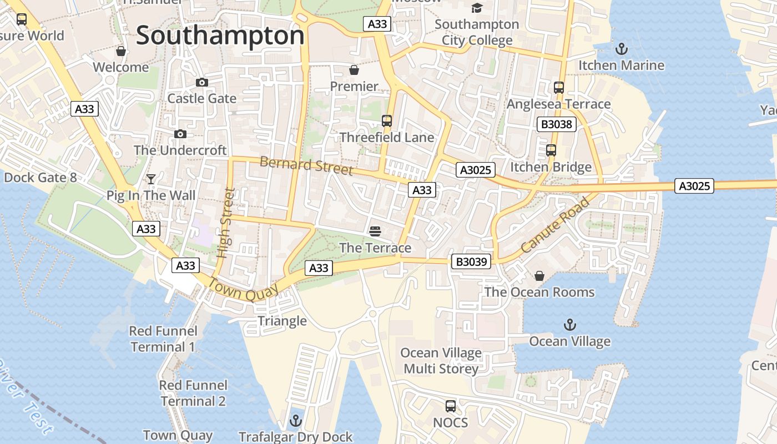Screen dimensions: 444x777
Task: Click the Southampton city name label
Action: (x=220, y=36)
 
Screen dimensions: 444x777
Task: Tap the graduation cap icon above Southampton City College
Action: (x=477, y=8)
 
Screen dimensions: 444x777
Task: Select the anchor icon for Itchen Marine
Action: (x=622, y=49)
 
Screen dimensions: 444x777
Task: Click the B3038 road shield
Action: (x=556, y=124)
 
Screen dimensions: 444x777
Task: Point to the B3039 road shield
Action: (x=471, y=261)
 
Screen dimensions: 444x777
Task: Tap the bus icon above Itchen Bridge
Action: (x=551, y=150)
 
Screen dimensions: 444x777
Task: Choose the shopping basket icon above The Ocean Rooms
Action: (x=539, y=276)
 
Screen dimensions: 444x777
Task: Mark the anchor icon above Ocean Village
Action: (x=569, y=325)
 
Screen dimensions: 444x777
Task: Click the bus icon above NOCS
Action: (x=451, y=406)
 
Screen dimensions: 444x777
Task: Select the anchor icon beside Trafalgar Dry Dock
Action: (x=295, y=421)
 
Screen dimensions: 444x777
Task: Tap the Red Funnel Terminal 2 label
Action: (x=193, y=393)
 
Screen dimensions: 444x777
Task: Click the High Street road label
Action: (x=225, y=223)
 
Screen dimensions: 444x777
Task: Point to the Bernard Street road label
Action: (x=306, y=165)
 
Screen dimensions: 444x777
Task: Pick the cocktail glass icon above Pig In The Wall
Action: (x=151, y=179)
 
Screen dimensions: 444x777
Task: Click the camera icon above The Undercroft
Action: (x=180, y=134)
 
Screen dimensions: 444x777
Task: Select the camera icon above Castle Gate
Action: (x=202, y=82)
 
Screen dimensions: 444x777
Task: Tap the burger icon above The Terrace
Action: (x=375, y=230)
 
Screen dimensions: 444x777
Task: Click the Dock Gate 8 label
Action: (x=40, y=178)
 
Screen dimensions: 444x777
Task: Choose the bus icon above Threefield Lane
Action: (x=387, y=120)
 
